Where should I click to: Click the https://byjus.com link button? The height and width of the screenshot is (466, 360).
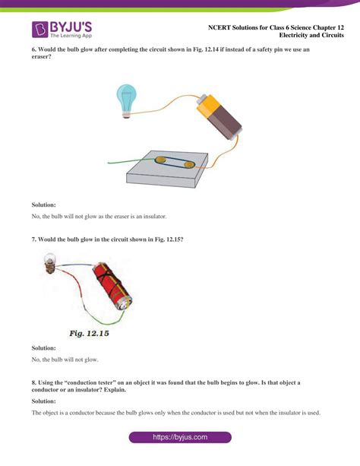point(180,438)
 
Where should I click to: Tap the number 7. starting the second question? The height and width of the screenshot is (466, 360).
point(34,239)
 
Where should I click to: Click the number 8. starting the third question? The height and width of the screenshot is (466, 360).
point(34,381)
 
